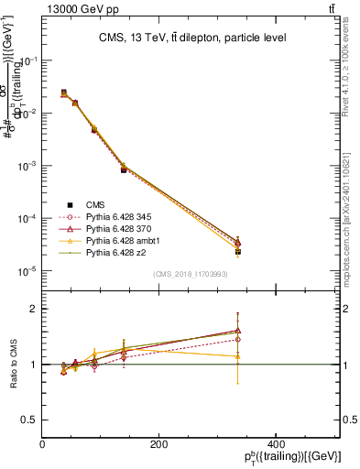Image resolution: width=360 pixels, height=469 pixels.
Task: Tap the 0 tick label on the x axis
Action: [43, 445]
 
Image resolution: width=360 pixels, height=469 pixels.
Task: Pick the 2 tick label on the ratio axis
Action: [34, 309]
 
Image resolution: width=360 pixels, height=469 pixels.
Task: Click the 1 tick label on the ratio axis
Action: [34, 365]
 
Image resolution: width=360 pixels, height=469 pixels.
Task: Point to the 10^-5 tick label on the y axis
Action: [27, 271]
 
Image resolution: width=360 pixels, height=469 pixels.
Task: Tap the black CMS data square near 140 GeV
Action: [124, 170]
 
